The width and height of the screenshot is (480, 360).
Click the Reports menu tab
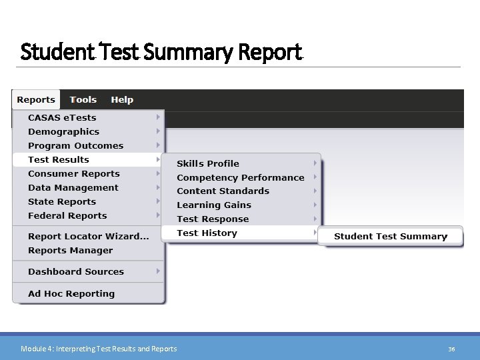click(36, 100)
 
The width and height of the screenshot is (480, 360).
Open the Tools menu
click(83, 100)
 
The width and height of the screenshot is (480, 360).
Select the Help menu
click(122, 100)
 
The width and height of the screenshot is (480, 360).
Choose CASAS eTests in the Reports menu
click(62, 118)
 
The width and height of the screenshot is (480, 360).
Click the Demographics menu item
click(63, 132)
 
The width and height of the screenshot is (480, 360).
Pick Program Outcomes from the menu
click(75, 146)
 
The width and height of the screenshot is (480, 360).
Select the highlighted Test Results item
click(59, 160)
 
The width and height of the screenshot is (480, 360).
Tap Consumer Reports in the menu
click(74, 174)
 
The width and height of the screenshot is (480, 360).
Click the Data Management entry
click(73, 188)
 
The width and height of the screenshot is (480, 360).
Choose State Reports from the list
click(62, 202)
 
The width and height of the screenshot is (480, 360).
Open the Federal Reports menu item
click(67, 216)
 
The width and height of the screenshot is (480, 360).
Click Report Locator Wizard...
click(88, 237)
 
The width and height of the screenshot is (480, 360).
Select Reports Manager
click(71, 251)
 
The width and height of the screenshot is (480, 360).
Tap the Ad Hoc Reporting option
click(71, 294)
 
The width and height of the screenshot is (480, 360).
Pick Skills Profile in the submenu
click(208, 164)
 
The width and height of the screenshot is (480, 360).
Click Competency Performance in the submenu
click(240, 178)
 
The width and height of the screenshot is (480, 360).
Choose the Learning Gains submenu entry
click(214, 205)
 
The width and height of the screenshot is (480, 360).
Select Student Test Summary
click(391, 237)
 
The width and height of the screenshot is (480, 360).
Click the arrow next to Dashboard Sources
click(158, 271)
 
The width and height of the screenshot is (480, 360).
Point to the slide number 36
click(451, 349)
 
